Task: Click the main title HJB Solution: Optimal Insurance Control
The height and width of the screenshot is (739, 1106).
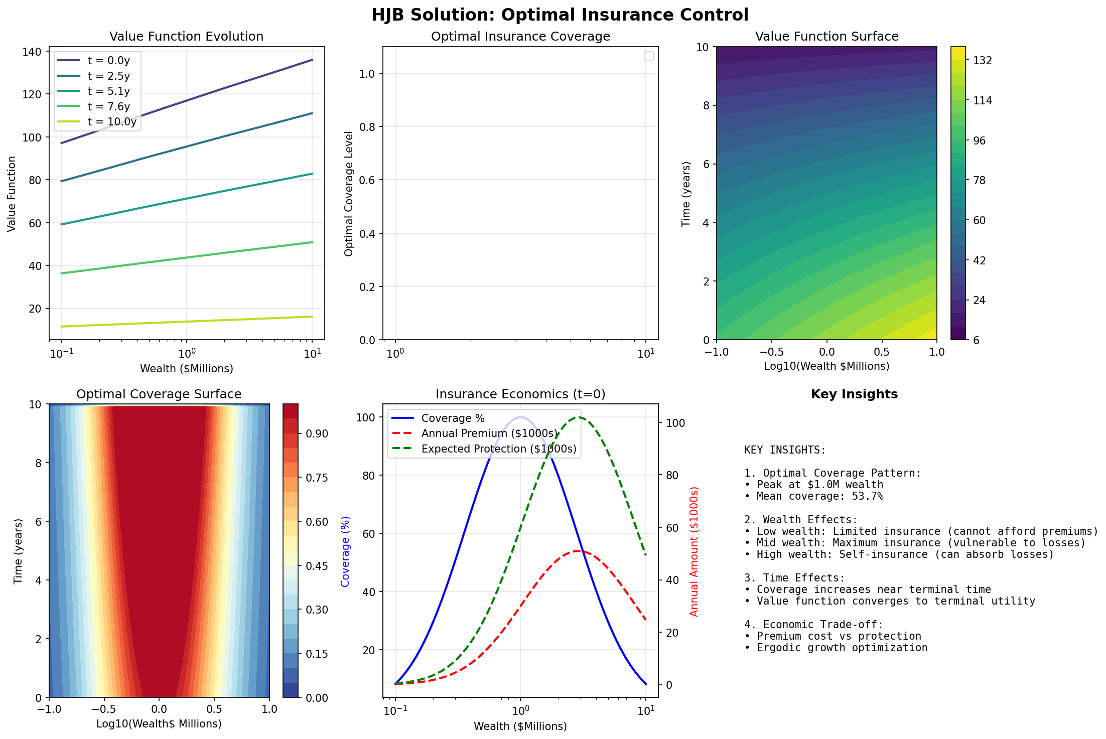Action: tap(560, 15)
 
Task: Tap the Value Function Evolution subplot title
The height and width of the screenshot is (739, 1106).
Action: tap(186, 37)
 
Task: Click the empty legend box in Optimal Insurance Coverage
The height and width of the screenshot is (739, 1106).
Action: tap(649, 56)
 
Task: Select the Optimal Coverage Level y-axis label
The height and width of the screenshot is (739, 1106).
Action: tap(349, 194)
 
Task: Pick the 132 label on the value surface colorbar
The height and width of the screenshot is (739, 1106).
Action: tap(982, 61)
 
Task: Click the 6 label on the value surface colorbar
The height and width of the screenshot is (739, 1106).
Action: tap(976, 340)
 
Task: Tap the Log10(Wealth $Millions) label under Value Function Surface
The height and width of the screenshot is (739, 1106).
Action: tap(826, 366)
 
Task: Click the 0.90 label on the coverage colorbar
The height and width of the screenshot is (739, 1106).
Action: tap(317, 434)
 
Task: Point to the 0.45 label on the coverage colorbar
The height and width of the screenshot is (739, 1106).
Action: tap(317, 566)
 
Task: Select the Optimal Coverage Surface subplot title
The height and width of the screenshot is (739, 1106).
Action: tap(159, 394)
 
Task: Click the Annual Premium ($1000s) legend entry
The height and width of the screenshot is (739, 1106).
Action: tap(489, 433)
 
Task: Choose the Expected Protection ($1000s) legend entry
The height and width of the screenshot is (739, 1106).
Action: tap(498, 449)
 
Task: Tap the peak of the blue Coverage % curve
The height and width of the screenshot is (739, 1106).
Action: tap(520, 417)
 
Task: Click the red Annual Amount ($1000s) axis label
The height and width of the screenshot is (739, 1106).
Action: tap(694, 551)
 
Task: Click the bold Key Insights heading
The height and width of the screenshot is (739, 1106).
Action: tap(854, 394)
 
